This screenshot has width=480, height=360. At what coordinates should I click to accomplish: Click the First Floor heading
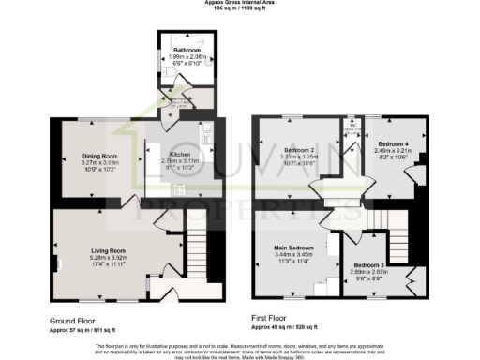pos(273,319)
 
